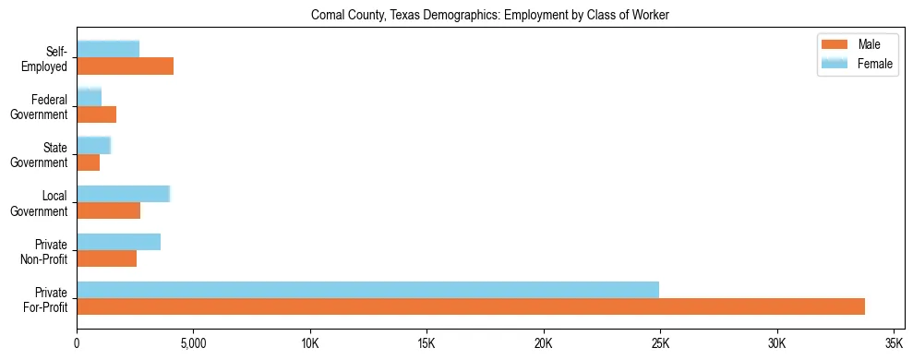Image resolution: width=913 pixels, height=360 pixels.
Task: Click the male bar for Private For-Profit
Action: tap(471, 306)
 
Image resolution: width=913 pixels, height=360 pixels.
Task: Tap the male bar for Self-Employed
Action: tap(125, 66)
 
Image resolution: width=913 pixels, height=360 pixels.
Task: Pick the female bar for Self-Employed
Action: tap(108, 49)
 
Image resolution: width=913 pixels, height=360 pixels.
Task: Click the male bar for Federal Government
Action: tap(96, 114)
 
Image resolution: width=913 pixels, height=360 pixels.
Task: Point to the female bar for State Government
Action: tap(93, 145)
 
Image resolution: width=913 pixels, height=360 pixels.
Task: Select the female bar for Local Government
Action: tap(123, 194)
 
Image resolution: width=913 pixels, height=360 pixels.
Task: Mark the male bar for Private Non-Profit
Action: tap(106, 258)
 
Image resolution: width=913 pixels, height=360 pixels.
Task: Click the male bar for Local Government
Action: tap(108, 210)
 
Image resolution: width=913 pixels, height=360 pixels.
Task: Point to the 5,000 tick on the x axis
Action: tap(193, 343)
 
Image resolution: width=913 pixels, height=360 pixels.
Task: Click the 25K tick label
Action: tap(659, 343)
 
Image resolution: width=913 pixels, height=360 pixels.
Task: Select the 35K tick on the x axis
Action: tap(893, 343)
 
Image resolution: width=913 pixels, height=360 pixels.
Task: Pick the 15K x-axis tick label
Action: tap(426, 343)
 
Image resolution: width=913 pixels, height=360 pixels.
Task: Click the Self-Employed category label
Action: tap(49, 58)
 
